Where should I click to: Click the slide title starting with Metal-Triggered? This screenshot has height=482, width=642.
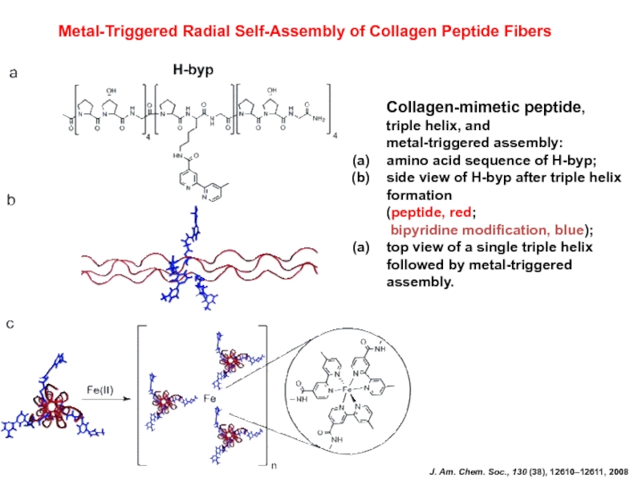pyautogui.click(x=306, y=31)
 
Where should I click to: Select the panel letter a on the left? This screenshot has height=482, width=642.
pyautogui.click(x=13, y=74)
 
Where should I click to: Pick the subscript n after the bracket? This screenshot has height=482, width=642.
pyautogui.click(x=271, y=465)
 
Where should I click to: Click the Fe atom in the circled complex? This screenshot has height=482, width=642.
pyautogui.click(x=347, y=390)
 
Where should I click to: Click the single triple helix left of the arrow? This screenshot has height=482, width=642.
pyautogui.click(x=52, y=406)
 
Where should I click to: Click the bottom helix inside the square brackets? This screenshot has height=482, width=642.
pyautogui.click(x=233, y=439)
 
